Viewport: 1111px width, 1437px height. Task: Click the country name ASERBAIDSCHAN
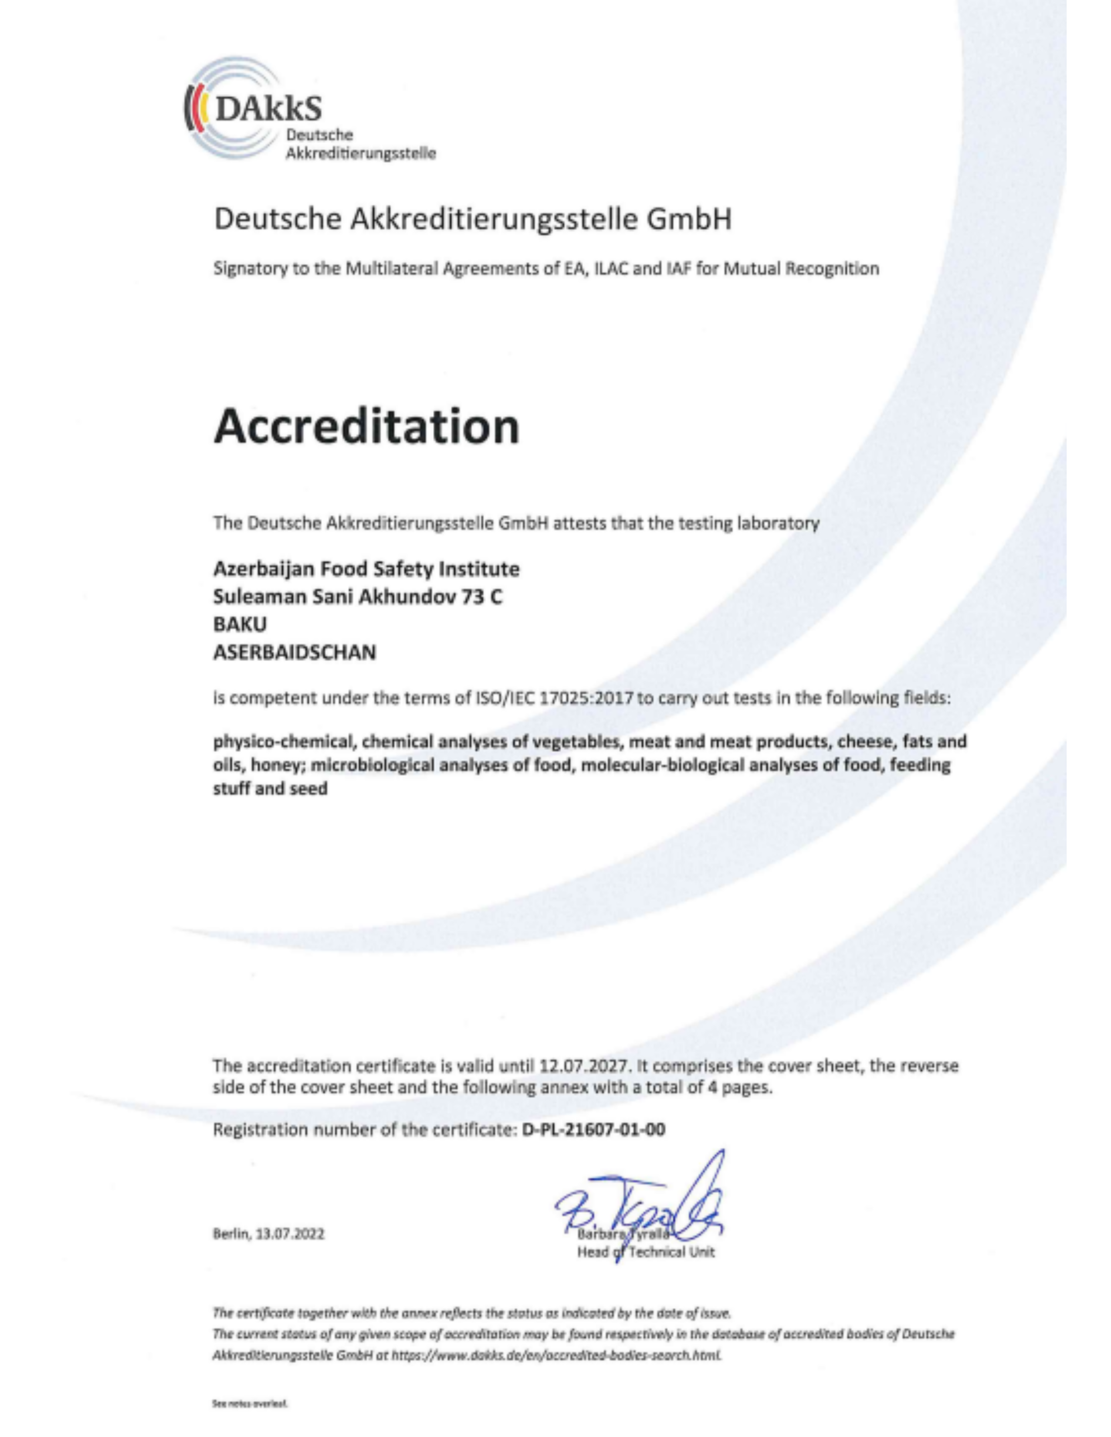click(295, 653)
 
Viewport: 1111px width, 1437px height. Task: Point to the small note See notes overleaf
click(250, 1402)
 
